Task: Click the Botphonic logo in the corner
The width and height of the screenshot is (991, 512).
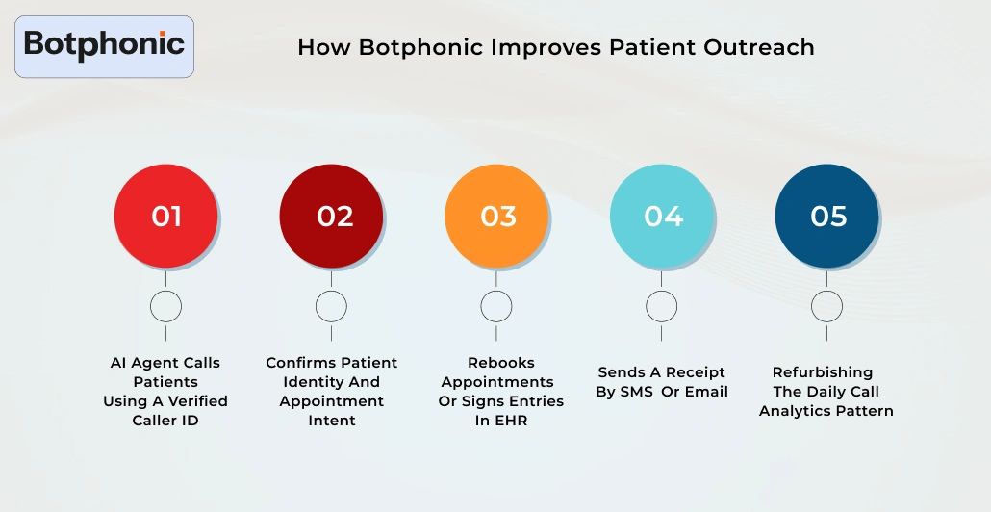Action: tap(104, 45)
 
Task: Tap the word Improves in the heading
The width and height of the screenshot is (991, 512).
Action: tap(545, 47)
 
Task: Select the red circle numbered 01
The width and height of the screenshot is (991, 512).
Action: tap(165, 217)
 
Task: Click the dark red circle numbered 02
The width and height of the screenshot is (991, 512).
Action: tap(331, 217)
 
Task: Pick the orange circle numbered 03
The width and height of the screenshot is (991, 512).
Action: tap(496, 217)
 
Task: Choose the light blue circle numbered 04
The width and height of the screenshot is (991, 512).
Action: tap(662, 217)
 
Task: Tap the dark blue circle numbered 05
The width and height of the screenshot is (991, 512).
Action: tap(826, 217)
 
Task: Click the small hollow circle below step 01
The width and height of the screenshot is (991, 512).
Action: tap(165, 307)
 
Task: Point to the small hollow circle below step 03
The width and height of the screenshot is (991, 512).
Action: tap(496, 307)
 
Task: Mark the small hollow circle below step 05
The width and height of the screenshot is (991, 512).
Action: tap(826, 307)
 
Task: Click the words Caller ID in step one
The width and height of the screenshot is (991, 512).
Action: tap(165, 421)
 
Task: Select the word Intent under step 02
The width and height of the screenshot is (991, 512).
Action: tap(331, 421)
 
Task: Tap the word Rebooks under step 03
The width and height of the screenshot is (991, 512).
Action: tap(501, 363)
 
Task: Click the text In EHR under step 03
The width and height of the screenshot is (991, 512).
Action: tap(501, 421)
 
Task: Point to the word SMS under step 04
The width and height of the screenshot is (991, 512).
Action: tap(635, 392)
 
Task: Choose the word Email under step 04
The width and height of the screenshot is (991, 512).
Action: tap(706, 392)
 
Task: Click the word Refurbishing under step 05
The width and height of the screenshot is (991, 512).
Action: tap(823, 372)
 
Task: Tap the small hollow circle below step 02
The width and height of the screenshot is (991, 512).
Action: tap(331, 307)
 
